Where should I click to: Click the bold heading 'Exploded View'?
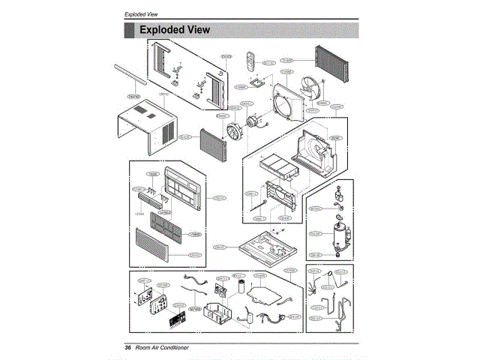coord(174,30)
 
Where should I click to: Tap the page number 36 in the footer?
coord(127,348)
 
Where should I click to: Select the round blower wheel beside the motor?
coord(234,132)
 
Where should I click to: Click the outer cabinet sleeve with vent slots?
coord(150,129)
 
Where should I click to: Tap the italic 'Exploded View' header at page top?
coord(141,14)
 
